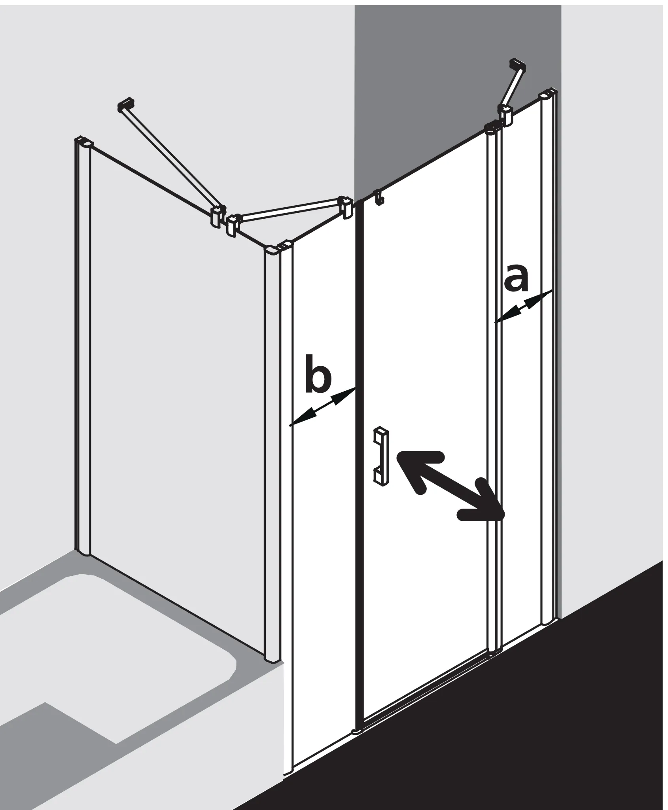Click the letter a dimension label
pyautogui.click(x=517, y=280)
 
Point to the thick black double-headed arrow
pyautogui.click(x=449, y=485)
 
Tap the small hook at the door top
pyautogui.click(x=379, y=198)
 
